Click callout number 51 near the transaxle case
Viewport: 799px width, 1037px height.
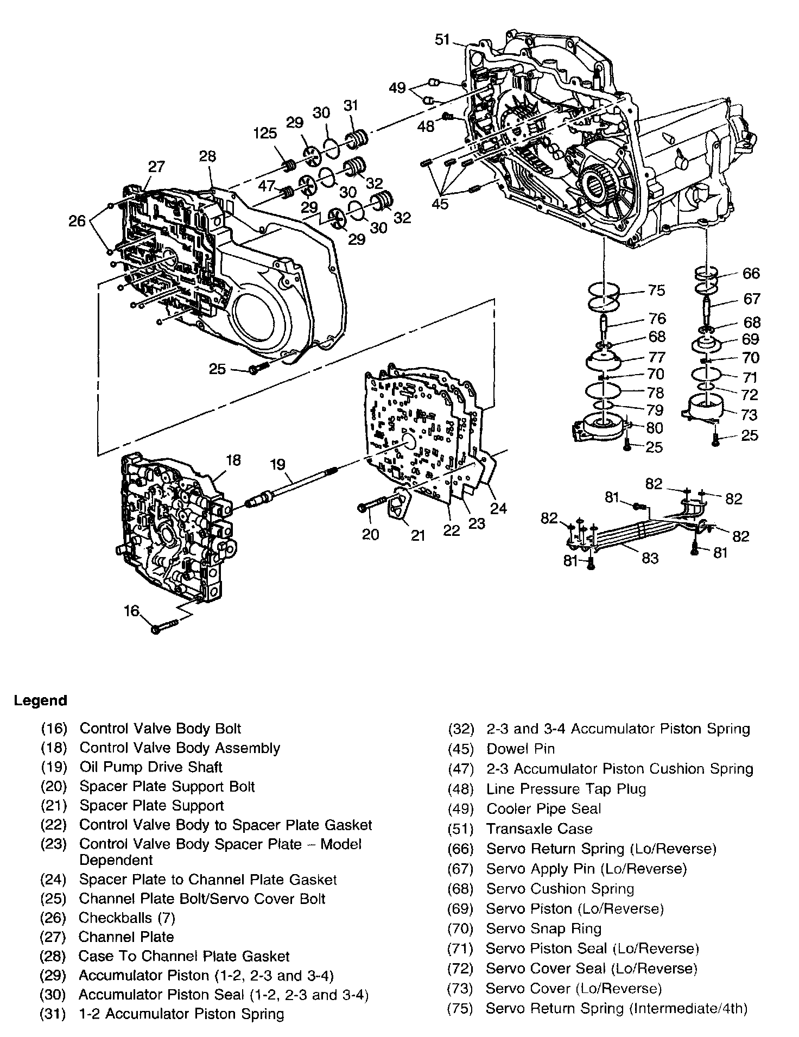coord(442,40)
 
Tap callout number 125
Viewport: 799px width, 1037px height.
coord(265,133)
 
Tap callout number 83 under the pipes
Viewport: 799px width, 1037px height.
coord(650,558)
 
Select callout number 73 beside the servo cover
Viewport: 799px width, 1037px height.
coord(749,415)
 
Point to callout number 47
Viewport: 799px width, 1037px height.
coord(267,186)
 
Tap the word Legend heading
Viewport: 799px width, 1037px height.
coord(40,700)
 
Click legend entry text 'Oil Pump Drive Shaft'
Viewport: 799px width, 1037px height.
coord(151,767)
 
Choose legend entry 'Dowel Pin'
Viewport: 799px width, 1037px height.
coord(521,749)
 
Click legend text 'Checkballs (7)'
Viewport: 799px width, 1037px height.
coord(127,918)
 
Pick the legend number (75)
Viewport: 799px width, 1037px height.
coord(460,1008)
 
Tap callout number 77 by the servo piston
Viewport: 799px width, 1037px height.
coord(657,357)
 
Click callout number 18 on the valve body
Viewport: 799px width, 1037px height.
coord(233,460)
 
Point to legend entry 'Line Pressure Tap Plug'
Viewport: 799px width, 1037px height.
coord(566,788)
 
